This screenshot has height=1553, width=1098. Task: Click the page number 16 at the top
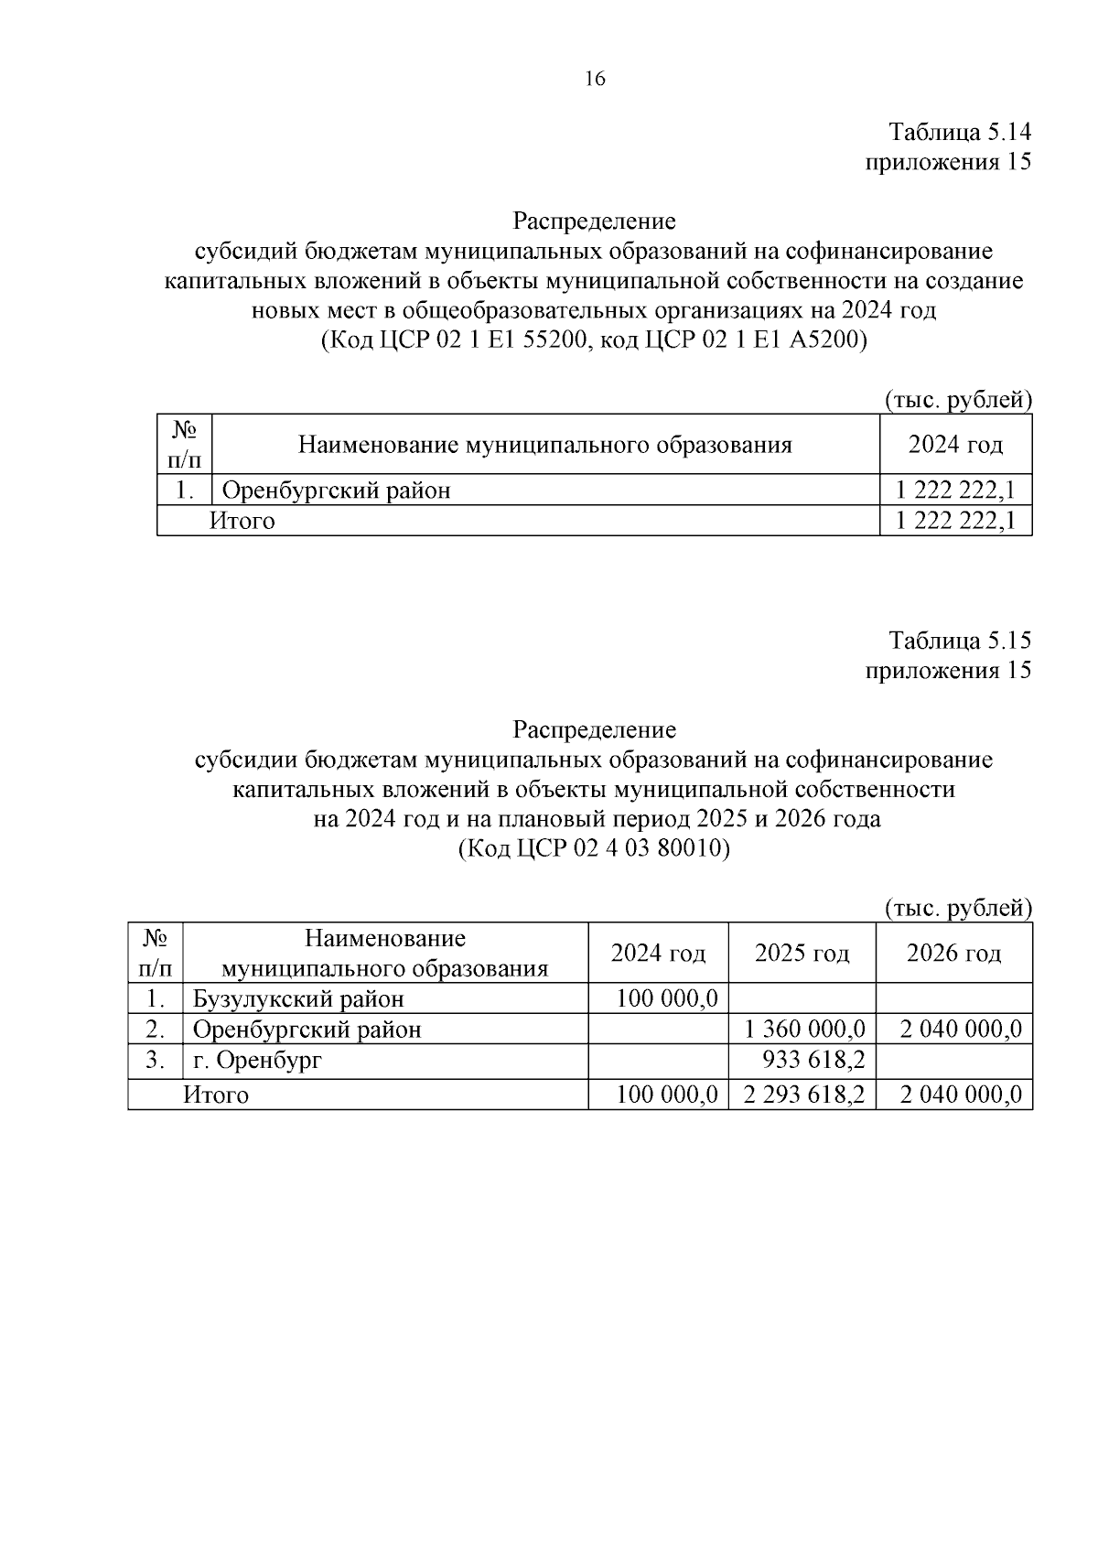click(594, 79)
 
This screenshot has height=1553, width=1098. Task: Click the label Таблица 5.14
click(960, 133)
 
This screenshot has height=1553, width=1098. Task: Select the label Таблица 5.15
click(960, 640)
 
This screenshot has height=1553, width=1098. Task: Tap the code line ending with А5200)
click(594, 340)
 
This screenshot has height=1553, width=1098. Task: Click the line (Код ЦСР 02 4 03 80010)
click(594, 848)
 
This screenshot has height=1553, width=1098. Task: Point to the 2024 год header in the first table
click(955, 445)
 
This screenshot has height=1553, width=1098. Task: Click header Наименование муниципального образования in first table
click(545, 445)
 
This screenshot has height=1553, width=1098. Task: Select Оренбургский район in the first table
click(337, 491)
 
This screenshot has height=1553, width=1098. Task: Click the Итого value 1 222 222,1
click(955, 521)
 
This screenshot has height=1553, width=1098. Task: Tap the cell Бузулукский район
click(298, 998)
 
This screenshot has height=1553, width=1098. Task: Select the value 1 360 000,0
click(804, 1030)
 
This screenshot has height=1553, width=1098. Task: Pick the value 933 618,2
click(813, 1061)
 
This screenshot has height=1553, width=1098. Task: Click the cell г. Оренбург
click(257, 1061)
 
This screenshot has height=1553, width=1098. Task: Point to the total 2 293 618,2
click(804, 1095)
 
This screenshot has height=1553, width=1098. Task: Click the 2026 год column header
click(953, 954)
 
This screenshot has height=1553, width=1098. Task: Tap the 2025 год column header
click(802, 954)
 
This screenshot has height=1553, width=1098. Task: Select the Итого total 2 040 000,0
click(961, 1095)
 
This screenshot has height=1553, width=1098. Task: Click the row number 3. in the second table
click(156, 1061)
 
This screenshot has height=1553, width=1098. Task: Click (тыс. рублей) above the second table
click(957, 908)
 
